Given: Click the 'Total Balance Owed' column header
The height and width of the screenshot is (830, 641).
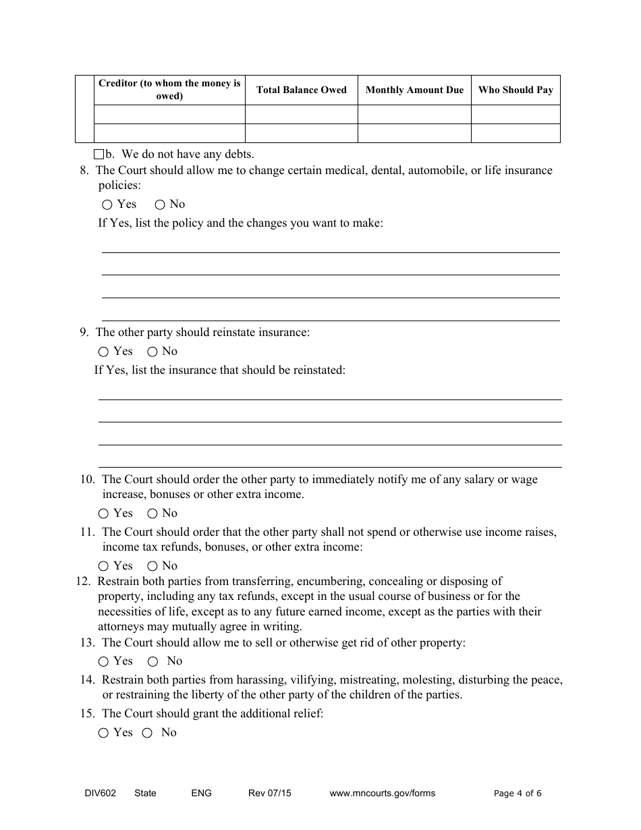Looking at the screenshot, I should [301, 90].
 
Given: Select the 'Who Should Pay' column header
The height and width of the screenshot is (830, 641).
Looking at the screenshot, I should [515, 90].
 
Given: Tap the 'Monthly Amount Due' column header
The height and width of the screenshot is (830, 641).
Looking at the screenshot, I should [414, 90].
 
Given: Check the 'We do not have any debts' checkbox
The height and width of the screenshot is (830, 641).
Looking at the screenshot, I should [99, 154].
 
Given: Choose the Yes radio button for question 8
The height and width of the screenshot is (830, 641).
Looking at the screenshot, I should [108, 204].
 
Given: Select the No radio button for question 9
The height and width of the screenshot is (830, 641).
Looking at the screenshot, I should [152, 352].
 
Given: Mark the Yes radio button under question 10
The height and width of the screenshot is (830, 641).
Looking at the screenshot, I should [103, 514].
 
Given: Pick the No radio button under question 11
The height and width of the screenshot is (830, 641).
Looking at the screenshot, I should [152, 566].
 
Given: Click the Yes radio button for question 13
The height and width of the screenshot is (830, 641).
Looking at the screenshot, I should [103, 662].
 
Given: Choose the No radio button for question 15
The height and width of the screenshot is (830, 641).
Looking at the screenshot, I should [147, 733].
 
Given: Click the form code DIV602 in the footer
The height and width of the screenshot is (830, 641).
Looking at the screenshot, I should [88, 794].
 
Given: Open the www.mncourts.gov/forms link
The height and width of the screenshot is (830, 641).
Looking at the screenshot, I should [382, 794].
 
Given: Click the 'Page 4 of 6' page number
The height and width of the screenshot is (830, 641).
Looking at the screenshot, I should [518, 794].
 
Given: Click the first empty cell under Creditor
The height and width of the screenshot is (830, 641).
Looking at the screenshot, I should [169, 115].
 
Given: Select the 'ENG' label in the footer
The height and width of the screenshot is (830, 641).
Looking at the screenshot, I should [201, 794].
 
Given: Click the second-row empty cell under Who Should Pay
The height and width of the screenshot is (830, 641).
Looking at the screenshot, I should [515, 133].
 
